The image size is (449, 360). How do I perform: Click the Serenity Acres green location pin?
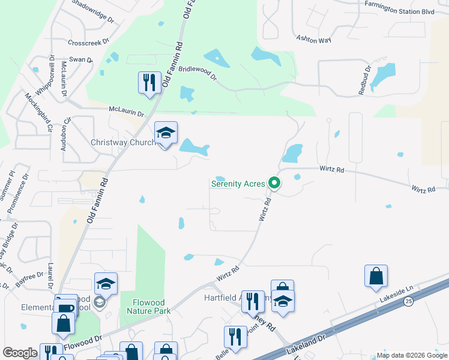(275, 182)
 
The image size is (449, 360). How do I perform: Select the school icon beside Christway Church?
(166, 133)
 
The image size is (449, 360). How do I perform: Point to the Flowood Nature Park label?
(148, 307)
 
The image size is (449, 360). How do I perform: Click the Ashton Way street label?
(313, 40)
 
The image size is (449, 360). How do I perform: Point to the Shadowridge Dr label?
(92, 11)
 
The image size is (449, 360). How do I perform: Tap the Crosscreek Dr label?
(88, 43)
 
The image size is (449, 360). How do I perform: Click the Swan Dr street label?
(81, 59)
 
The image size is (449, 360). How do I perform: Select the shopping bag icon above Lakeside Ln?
(376, 276)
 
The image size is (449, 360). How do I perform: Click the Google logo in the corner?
(20, 353)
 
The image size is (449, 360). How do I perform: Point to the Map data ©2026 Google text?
(412, 355)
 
